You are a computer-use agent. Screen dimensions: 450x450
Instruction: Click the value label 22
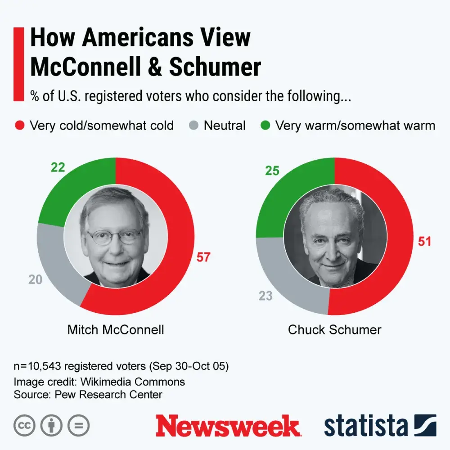pos(58,168)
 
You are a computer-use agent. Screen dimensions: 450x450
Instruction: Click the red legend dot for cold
pos(20,126)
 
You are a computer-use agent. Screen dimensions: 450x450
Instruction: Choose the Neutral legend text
pos(225,126)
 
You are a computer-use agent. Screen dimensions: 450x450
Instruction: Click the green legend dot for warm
pos(265,126)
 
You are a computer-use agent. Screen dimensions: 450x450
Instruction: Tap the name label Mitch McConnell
pos(116,329)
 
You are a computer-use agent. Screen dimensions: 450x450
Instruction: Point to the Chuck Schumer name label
pos(334,329)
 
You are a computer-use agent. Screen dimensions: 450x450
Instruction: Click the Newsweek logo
pos(227,426)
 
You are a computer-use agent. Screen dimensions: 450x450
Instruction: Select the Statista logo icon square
pos(425,426)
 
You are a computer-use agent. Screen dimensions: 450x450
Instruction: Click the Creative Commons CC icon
pos(24,426)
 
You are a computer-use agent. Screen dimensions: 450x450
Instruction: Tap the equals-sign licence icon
pos(78,426)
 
